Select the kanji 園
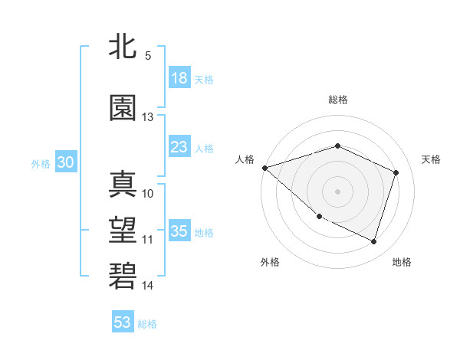[x=124, y=107]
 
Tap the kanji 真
[x=124, y=184]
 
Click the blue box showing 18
[x=179, y=78]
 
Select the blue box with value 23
[x=179, y=147]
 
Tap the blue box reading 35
[x=179, y=232]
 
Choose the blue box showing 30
[x=65, y=162]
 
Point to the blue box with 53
[x=123, y=322]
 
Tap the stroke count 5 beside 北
[x=147, y=56]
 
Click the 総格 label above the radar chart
[x=338, y=100]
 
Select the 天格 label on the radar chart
[x=431, y=159]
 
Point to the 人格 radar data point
[x=264, y=168]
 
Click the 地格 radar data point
[x=374, y=242]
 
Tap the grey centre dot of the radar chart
[x=338, y=191]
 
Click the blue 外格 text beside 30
[x=41, y=163]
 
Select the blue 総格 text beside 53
[x=147, y=324]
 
